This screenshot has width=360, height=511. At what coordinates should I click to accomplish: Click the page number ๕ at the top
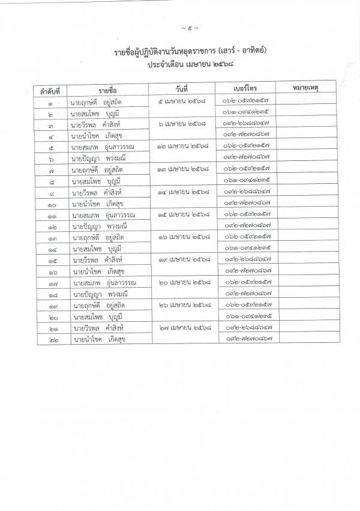coord(190,28)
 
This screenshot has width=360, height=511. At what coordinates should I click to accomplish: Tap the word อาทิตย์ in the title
coord(253,52)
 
